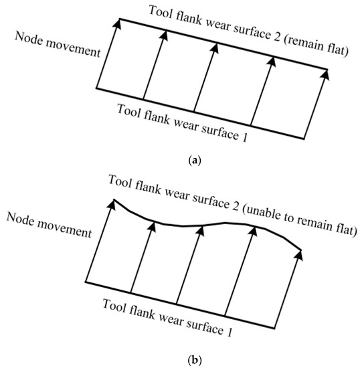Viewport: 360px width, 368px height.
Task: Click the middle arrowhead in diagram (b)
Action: (x=201, y=229)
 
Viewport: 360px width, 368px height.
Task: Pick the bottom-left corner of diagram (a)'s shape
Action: (x=98, y=88)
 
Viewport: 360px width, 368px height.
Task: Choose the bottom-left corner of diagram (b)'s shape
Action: (x=86, y=281)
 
